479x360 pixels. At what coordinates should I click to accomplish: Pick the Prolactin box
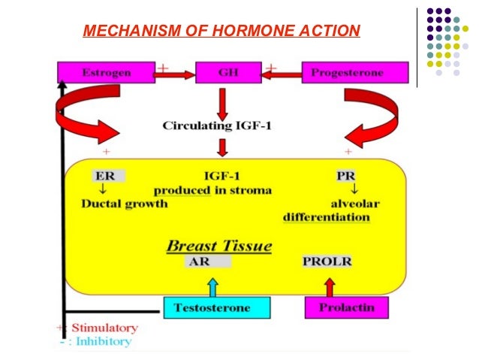pos(339,307)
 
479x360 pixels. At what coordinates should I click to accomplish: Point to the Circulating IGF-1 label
pos(218,125)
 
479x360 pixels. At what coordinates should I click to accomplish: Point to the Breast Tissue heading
pos(218,246)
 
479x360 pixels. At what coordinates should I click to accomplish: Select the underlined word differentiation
pos(326,218)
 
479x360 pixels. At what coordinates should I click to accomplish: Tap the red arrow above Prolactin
pos(328,286)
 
